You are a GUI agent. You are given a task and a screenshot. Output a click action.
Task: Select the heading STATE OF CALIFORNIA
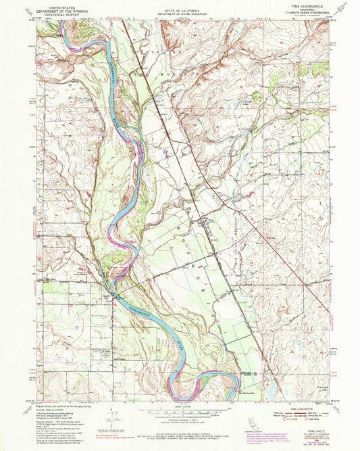pyautogui.click(x=180, y=6)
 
